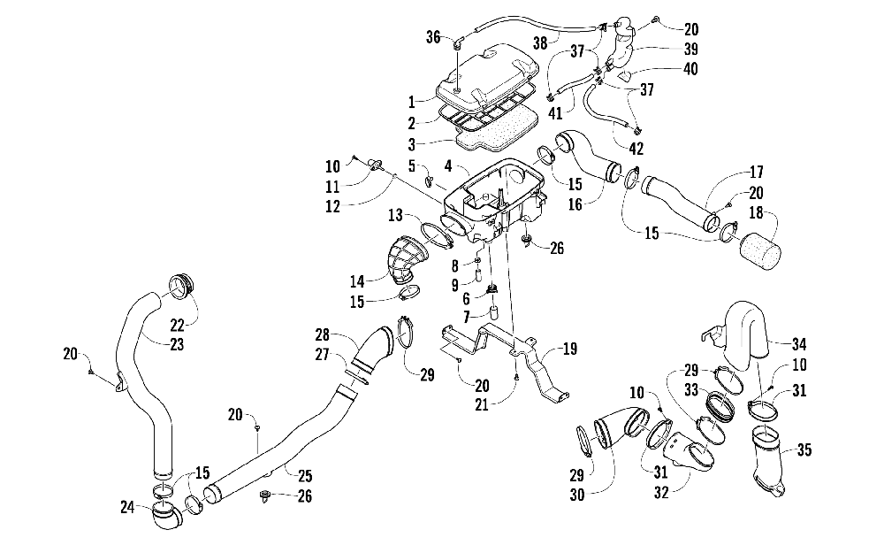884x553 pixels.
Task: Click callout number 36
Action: tap(433, 37)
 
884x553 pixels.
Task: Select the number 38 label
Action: tap(540, 42)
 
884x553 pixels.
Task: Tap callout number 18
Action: tap(756, 212)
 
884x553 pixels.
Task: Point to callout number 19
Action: tap(570, 349)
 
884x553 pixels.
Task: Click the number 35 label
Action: tap(804, 450)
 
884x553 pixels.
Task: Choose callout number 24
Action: tap(127, 508)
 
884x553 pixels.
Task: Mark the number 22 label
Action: tap(177, 325)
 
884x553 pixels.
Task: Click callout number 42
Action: tap(636, 149)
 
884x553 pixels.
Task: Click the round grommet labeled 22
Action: tap(183, 286)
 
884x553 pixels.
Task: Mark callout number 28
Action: tap(322, 334)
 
